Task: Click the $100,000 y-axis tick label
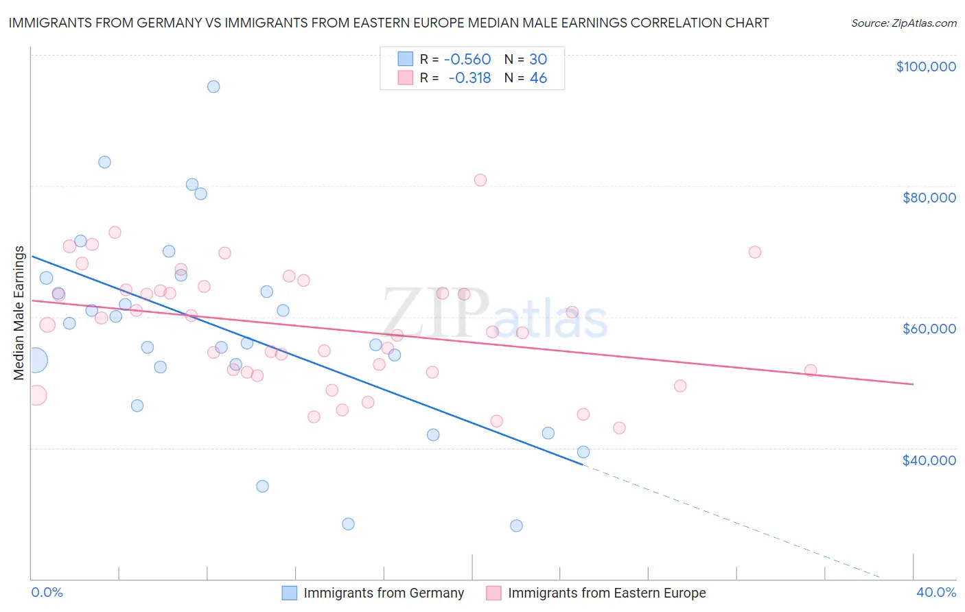(926, 67)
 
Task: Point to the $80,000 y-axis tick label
(929, 198)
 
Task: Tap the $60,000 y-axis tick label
(929, 329)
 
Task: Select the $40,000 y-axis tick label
(929, 460)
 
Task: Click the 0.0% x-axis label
(47, 592)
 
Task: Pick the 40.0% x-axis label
(935, 592)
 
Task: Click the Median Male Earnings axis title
(19, 313)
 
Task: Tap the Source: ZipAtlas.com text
(903, 23)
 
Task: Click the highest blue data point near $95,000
(213, 86)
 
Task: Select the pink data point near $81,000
(480, 180)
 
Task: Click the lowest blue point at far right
(516, 526)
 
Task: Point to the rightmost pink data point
(811, 370)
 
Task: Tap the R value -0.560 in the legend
(467, 60)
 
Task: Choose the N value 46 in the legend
(538, 78)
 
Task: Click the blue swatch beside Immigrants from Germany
(290, 593)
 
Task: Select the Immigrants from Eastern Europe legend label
(607, 593)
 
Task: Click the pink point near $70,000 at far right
(754, 252)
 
